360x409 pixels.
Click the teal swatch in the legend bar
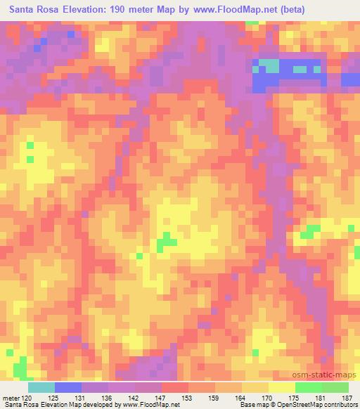[x=41, y=387]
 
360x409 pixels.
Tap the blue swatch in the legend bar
[x=67, y=387]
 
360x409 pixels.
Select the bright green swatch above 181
[x=308, y=387]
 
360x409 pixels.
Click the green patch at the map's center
[x=166, y=242]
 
